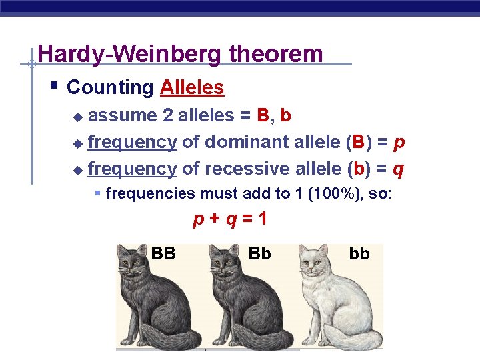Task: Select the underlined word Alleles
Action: tap(192, 87)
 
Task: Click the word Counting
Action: tap(111, 87)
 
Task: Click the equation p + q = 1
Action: tap(229, 219)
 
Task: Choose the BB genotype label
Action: tap(163, 253)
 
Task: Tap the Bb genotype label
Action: tap(259, 253)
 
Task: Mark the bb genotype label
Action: tap(359, 253)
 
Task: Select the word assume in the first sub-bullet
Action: tap(122, 115)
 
